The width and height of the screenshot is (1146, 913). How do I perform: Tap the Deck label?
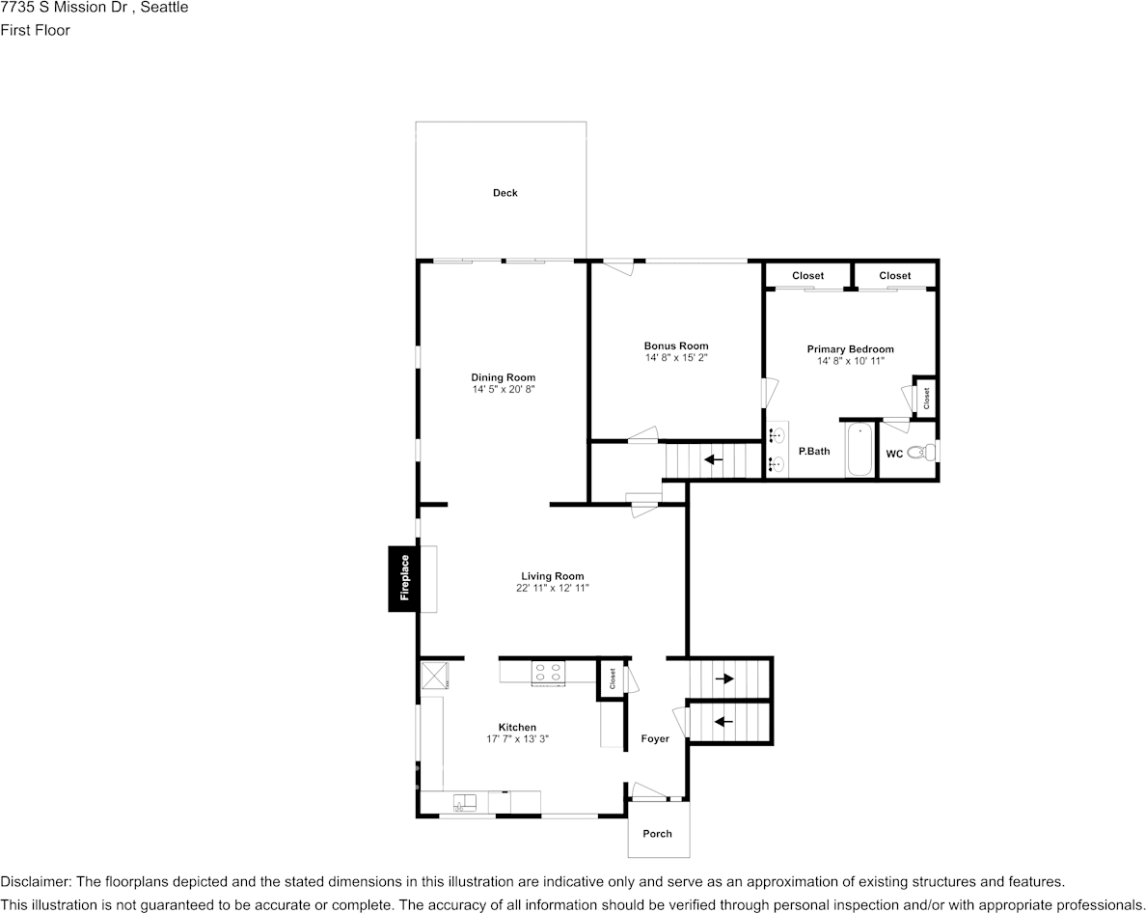tap(505, 193)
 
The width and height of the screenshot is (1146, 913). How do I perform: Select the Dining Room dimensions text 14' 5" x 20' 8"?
tap(503, 390)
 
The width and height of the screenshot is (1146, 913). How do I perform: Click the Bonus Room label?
tap(676, 346)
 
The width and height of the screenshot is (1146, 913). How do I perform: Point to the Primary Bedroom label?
tap(850, 349)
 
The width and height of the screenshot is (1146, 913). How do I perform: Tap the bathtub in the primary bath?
tap(859, 450)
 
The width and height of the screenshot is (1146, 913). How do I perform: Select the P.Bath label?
tap(813, 451)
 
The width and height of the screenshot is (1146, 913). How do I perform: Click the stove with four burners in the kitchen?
tap(548, 672)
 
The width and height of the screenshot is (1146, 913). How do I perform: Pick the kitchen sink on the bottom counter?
tap(465, 801)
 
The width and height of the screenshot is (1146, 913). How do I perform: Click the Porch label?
tap(658, 833)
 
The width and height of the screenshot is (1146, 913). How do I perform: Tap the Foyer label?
tap(655, 739)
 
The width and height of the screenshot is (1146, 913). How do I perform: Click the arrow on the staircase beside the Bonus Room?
tap(714, 459)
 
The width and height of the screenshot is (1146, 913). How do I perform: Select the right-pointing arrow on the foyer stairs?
tap(723, 678)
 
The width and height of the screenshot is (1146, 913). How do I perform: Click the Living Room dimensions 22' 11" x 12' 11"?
tap(553, 588)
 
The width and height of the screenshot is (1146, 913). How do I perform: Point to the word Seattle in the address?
tap(163, 8)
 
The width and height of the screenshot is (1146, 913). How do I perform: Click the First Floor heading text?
tap(36, 30)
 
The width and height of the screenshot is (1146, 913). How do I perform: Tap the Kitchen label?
tap(517, 728)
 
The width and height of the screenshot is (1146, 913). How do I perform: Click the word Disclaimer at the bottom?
tap(34, 882)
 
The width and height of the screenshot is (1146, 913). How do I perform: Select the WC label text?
tap(894, 454)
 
